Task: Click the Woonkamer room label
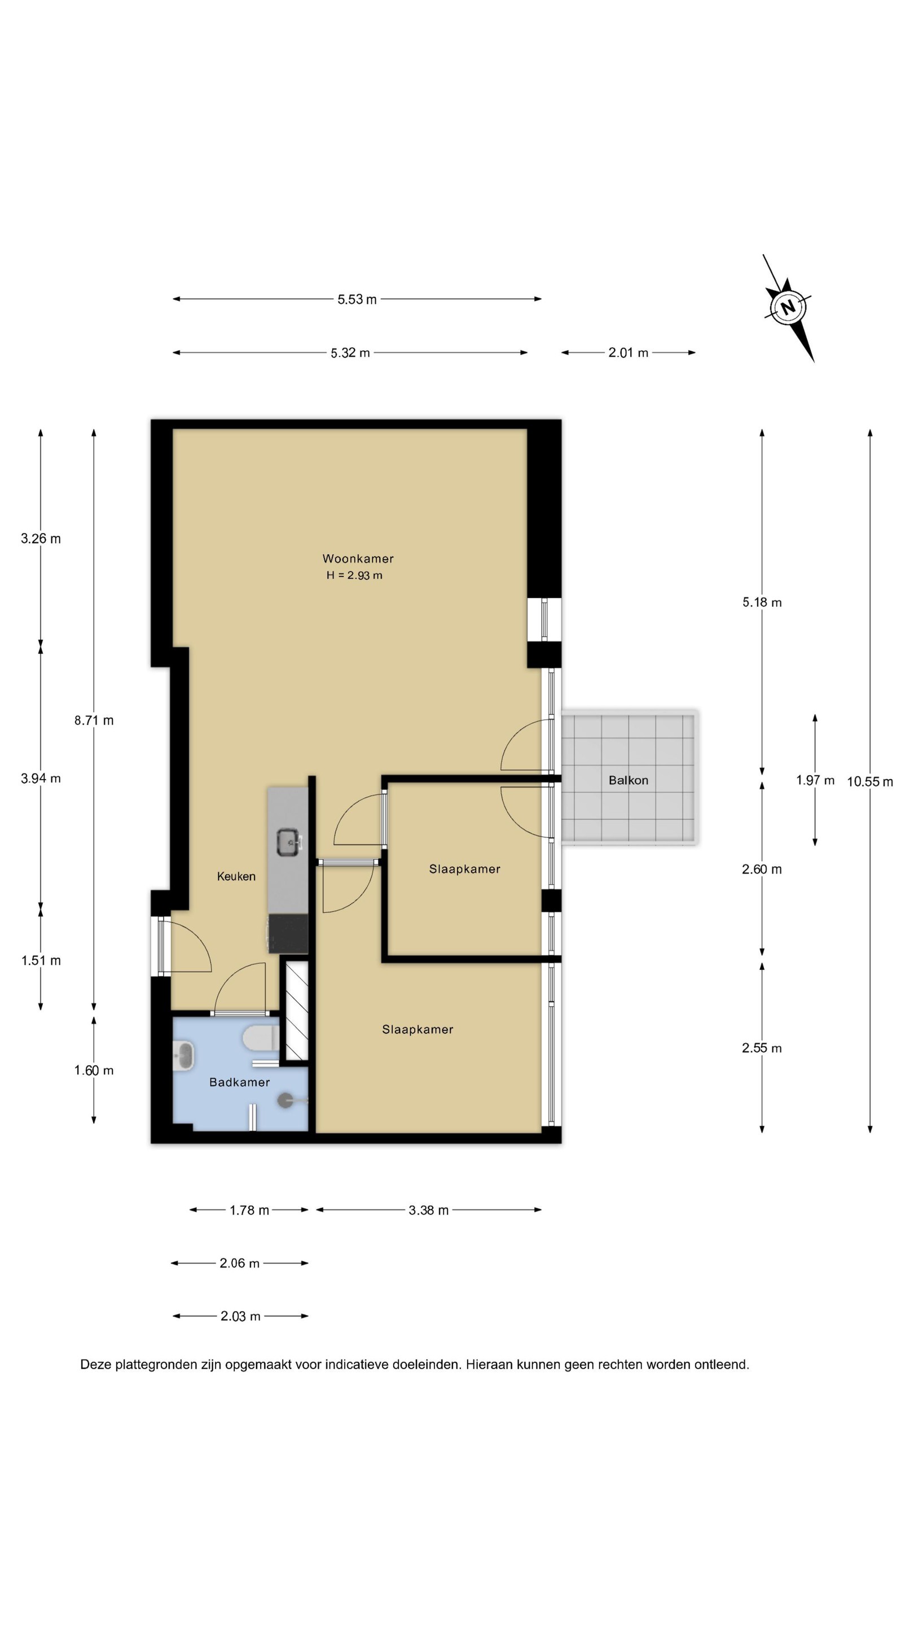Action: [x=358, y=558]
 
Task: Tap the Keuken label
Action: [x=236, y=876]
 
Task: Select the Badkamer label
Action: [x=239, y=1082]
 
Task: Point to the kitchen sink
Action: [x=289, y=842]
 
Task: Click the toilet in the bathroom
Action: [x=261, y=1038]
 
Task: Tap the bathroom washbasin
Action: [x=183, y=1055]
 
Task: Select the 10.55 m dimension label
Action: [x=870, y=781]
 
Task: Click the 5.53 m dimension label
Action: [x=357, y=299]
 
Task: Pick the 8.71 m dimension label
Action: [x=94, y=720]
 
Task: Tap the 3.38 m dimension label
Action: [x=428, y=1210]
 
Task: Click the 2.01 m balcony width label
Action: [x=629, y=353]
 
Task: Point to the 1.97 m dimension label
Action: [x=815, y=780]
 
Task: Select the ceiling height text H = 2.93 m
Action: [x=354, y=575]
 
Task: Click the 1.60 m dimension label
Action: [x=94, y=1070]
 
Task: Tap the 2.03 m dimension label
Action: [x=240, y=1316]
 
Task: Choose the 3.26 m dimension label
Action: [x=41, y=539]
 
